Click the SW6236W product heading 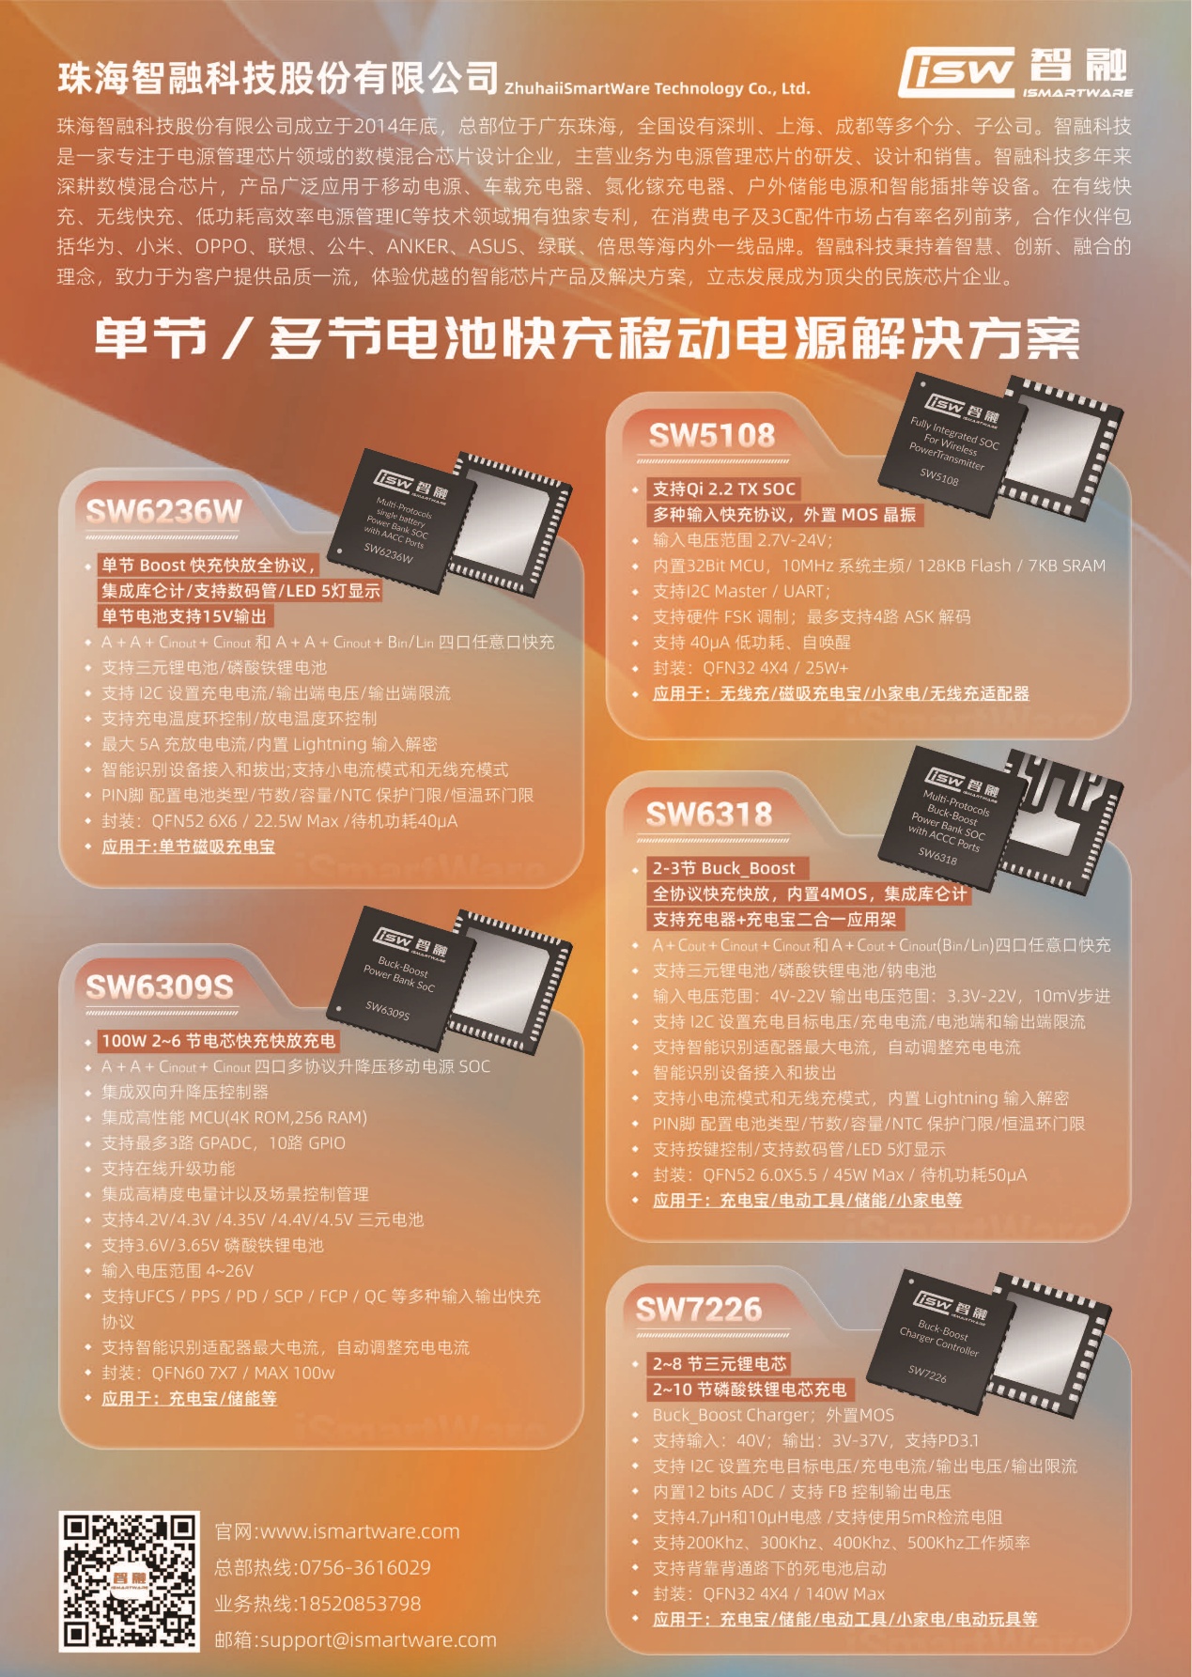coord(163,511)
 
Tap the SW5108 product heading coord(711,435)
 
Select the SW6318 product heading coord(709,815)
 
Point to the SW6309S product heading coord(159,986)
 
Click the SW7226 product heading coord(699,1310)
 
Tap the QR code coord(130,1582)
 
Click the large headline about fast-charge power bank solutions coord(587,338)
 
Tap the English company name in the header coord(657,88)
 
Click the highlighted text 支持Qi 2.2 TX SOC coord(724,489)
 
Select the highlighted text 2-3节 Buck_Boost coord(723,868)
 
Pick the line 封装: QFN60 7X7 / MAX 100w coord(218,1373)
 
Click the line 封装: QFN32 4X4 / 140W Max coord(769,1593)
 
